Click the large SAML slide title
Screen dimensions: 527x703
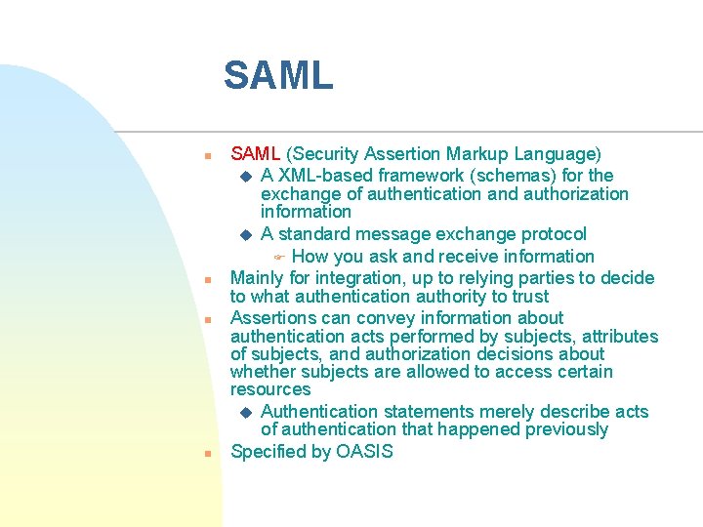pyautogui.click(x=278, y=75)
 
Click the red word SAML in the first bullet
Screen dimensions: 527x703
pyautogui.click(x=255, y=154)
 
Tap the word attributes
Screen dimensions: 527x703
pyautogui.click(x=621, y=337)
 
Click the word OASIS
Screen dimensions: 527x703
pyautogui.click(x=364, y=452)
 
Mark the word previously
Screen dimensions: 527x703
pyautogui.click(x=566, y=429)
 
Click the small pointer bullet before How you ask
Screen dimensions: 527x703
pyautogui.click(x=277, y=258)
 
